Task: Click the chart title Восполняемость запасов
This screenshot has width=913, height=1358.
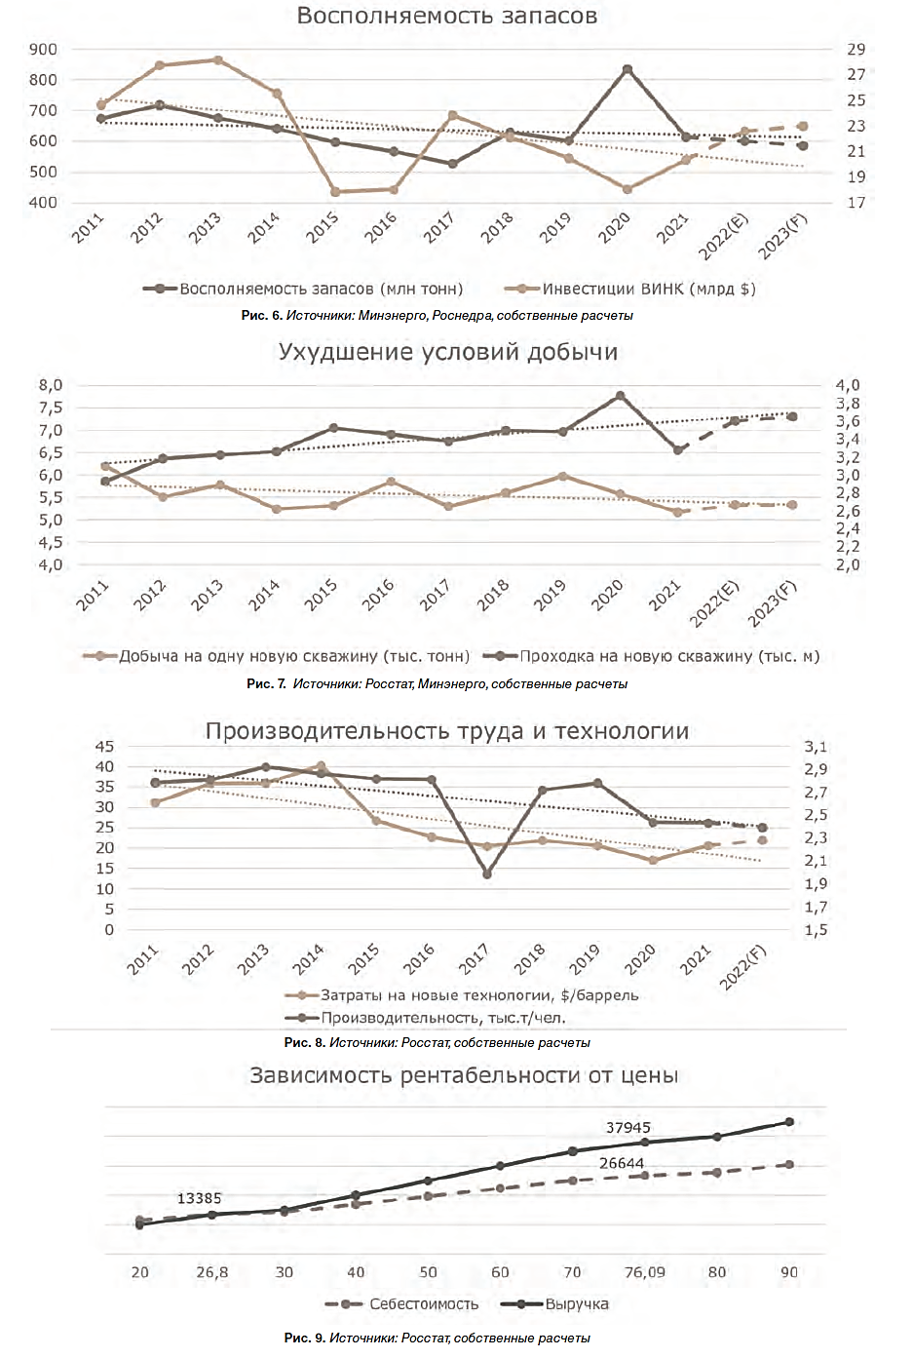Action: point(446,16)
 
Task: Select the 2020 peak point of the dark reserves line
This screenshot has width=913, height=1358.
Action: point(628,69)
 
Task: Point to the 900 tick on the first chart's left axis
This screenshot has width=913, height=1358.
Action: point(44,49)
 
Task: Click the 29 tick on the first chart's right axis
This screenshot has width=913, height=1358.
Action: point(856,49)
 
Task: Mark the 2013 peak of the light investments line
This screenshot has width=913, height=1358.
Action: point(218,60)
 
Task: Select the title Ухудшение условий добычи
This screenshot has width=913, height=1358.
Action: point(447,352)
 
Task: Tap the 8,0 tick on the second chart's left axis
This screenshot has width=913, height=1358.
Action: point(51,385)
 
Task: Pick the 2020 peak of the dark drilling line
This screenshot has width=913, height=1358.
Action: point(620,396)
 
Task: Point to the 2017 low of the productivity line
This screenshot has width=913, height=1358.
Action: point(487,873)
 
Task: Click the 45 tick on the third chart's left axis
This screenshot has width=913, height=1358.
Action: point(104,747)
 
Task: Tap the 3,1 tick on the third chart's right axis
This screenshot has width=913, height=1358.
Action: point(816,747)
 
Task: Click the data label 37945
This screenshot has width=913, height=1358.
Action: point(628,1128)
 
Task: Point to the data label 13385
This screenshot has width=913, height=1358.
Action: point(199,1198)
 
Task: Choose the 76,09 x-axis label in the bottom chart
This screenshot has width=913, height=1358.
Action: point(644,1272)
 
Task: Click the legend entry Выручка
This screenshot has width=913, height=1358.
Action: point(576,1304)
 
